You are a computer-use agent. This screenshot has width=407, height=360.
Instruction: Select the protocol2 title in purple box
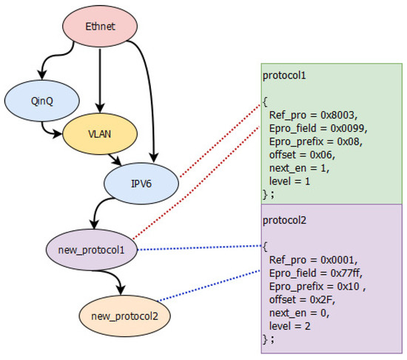[283, 219]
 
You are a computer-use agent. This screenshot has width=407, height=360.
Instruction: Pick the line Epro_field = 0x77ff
[311, 273]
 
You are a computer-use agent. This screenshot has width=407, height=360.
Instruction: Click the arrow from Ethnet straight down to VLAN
[100, 81]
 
